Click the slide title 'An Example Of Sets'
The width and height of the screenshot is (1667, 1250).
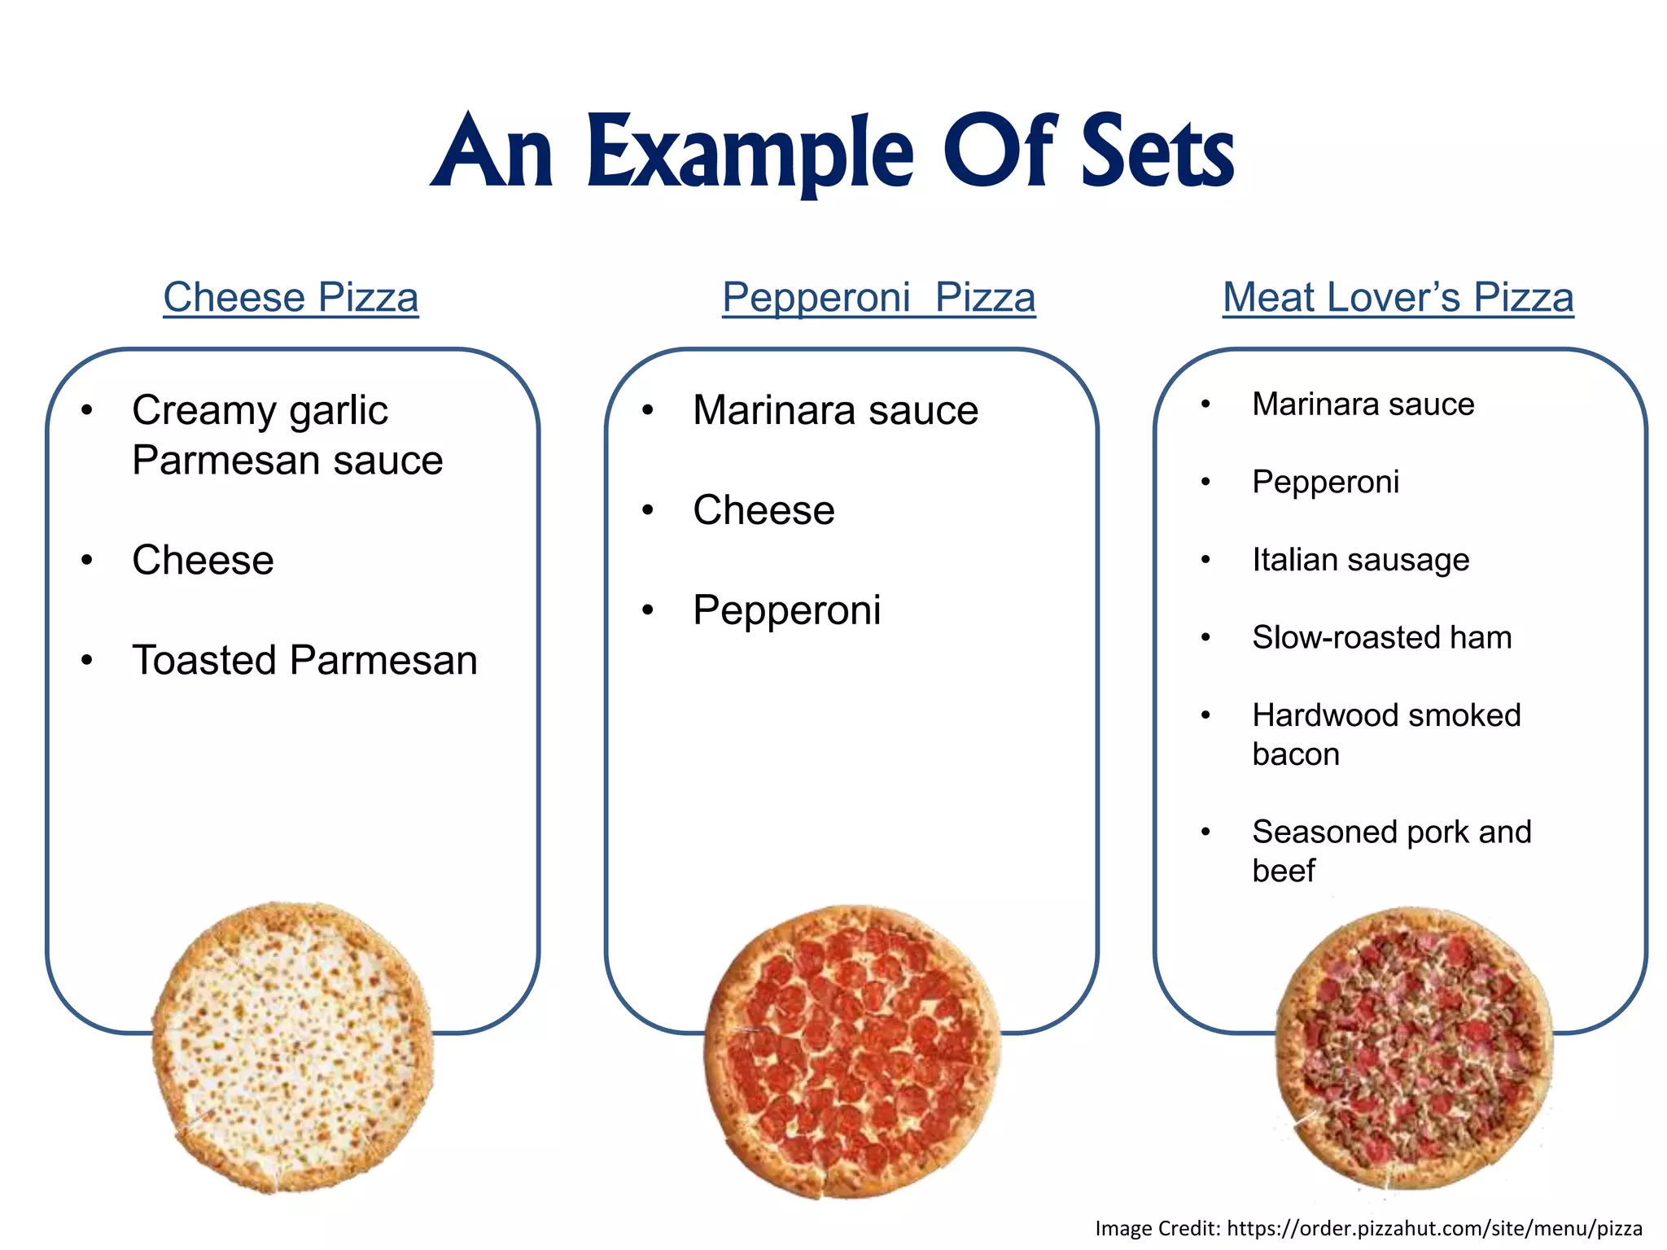[x=832, y=153]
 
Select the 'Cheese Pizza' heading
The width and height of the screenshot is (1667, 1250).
[x=291, y=297]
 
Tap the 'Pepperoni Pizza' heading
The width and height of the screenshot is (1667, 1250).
[x=878, y=297]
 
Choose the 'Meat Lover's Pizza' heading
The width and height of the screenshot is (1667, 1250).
[x=1398, y=297]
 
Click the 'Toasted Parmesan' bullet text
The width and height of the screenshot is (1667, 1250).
[x=304, y=660]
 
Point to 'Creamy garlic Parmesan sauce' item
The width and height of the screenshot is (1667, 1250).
[x=287, y=435]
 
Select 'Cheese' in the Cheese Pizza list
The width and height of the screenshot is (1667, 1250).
[x=203, y=560]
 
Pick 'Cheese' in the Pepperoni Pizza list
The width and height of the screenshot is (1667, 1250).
[x=763, y=510]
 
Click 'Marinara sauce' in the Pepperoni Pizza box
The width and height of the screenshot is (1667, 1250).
[x=835, y=410]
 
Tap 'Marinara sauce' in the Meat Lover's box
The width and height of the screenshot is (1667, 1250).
[x=1363, y=404]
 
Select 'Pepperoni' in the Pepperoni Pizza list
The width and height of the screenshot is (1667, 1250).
[x=786, y=610]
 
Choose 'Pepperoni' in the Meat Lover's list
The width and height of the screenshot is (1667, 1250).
[x=1325, y=482]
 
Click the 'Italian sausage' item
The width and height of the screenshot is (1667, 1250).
[x=1360, y=560]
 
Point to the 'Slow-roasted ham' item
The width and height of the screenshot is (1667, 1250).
[x=1381, y=637]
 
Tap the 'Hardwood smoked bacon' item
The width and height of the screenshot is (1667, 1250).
[x=1385, y=734]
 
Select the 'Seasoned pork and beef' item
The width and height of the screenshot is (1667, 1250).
[x=1391, y=850]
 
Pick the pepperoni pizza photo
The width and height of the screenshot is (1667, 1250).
[x=851, y=1051]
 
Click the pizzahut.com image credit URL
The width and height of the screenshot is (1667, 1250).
[x=1434, y=1228]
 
